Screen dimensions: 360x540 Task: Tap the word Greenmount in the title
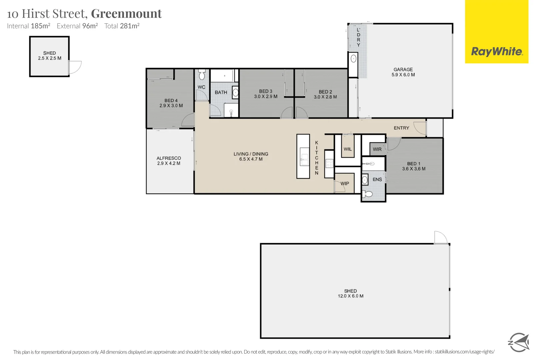click(126, 14)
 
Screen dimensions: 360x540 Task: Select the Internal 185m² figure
click(29, 26)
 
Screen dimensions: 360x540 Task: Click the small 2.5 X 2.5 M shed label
click(49, 58)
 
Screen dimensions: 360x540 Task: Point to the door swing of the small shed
click(75, 67)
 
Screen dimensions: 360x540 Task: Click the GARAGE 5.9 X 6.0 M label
click(403, 72)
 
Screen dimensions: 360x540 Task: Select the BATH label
click(221, 92)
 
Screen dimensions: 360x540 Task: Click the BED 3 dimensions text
click(265, 96)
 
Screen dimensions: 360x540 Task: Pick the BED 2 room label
click(325, 92)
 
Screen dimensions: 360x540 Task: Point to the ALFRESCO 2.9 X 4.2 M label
click(169, 161)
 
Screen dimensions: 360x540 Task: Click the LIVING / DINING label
click(251, 154)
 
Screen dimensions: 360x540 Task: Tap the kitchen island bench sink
click(304, 157)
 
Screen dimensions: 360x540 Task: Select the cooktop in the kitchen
click(329, 163)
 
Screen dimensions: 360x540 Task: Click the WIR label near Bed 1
click(377, 149)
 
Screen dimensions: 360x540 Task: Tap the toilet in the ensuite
click(368, 194)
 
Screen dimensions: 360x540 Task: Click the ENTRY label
click(401, 128)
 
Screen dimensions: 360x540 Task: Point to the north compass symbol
click(518, 342)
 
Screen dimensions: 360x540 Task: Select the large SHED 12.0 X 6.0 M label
click(350, 293)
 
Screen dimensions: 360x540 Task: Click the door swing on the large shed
click(440, 237)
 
